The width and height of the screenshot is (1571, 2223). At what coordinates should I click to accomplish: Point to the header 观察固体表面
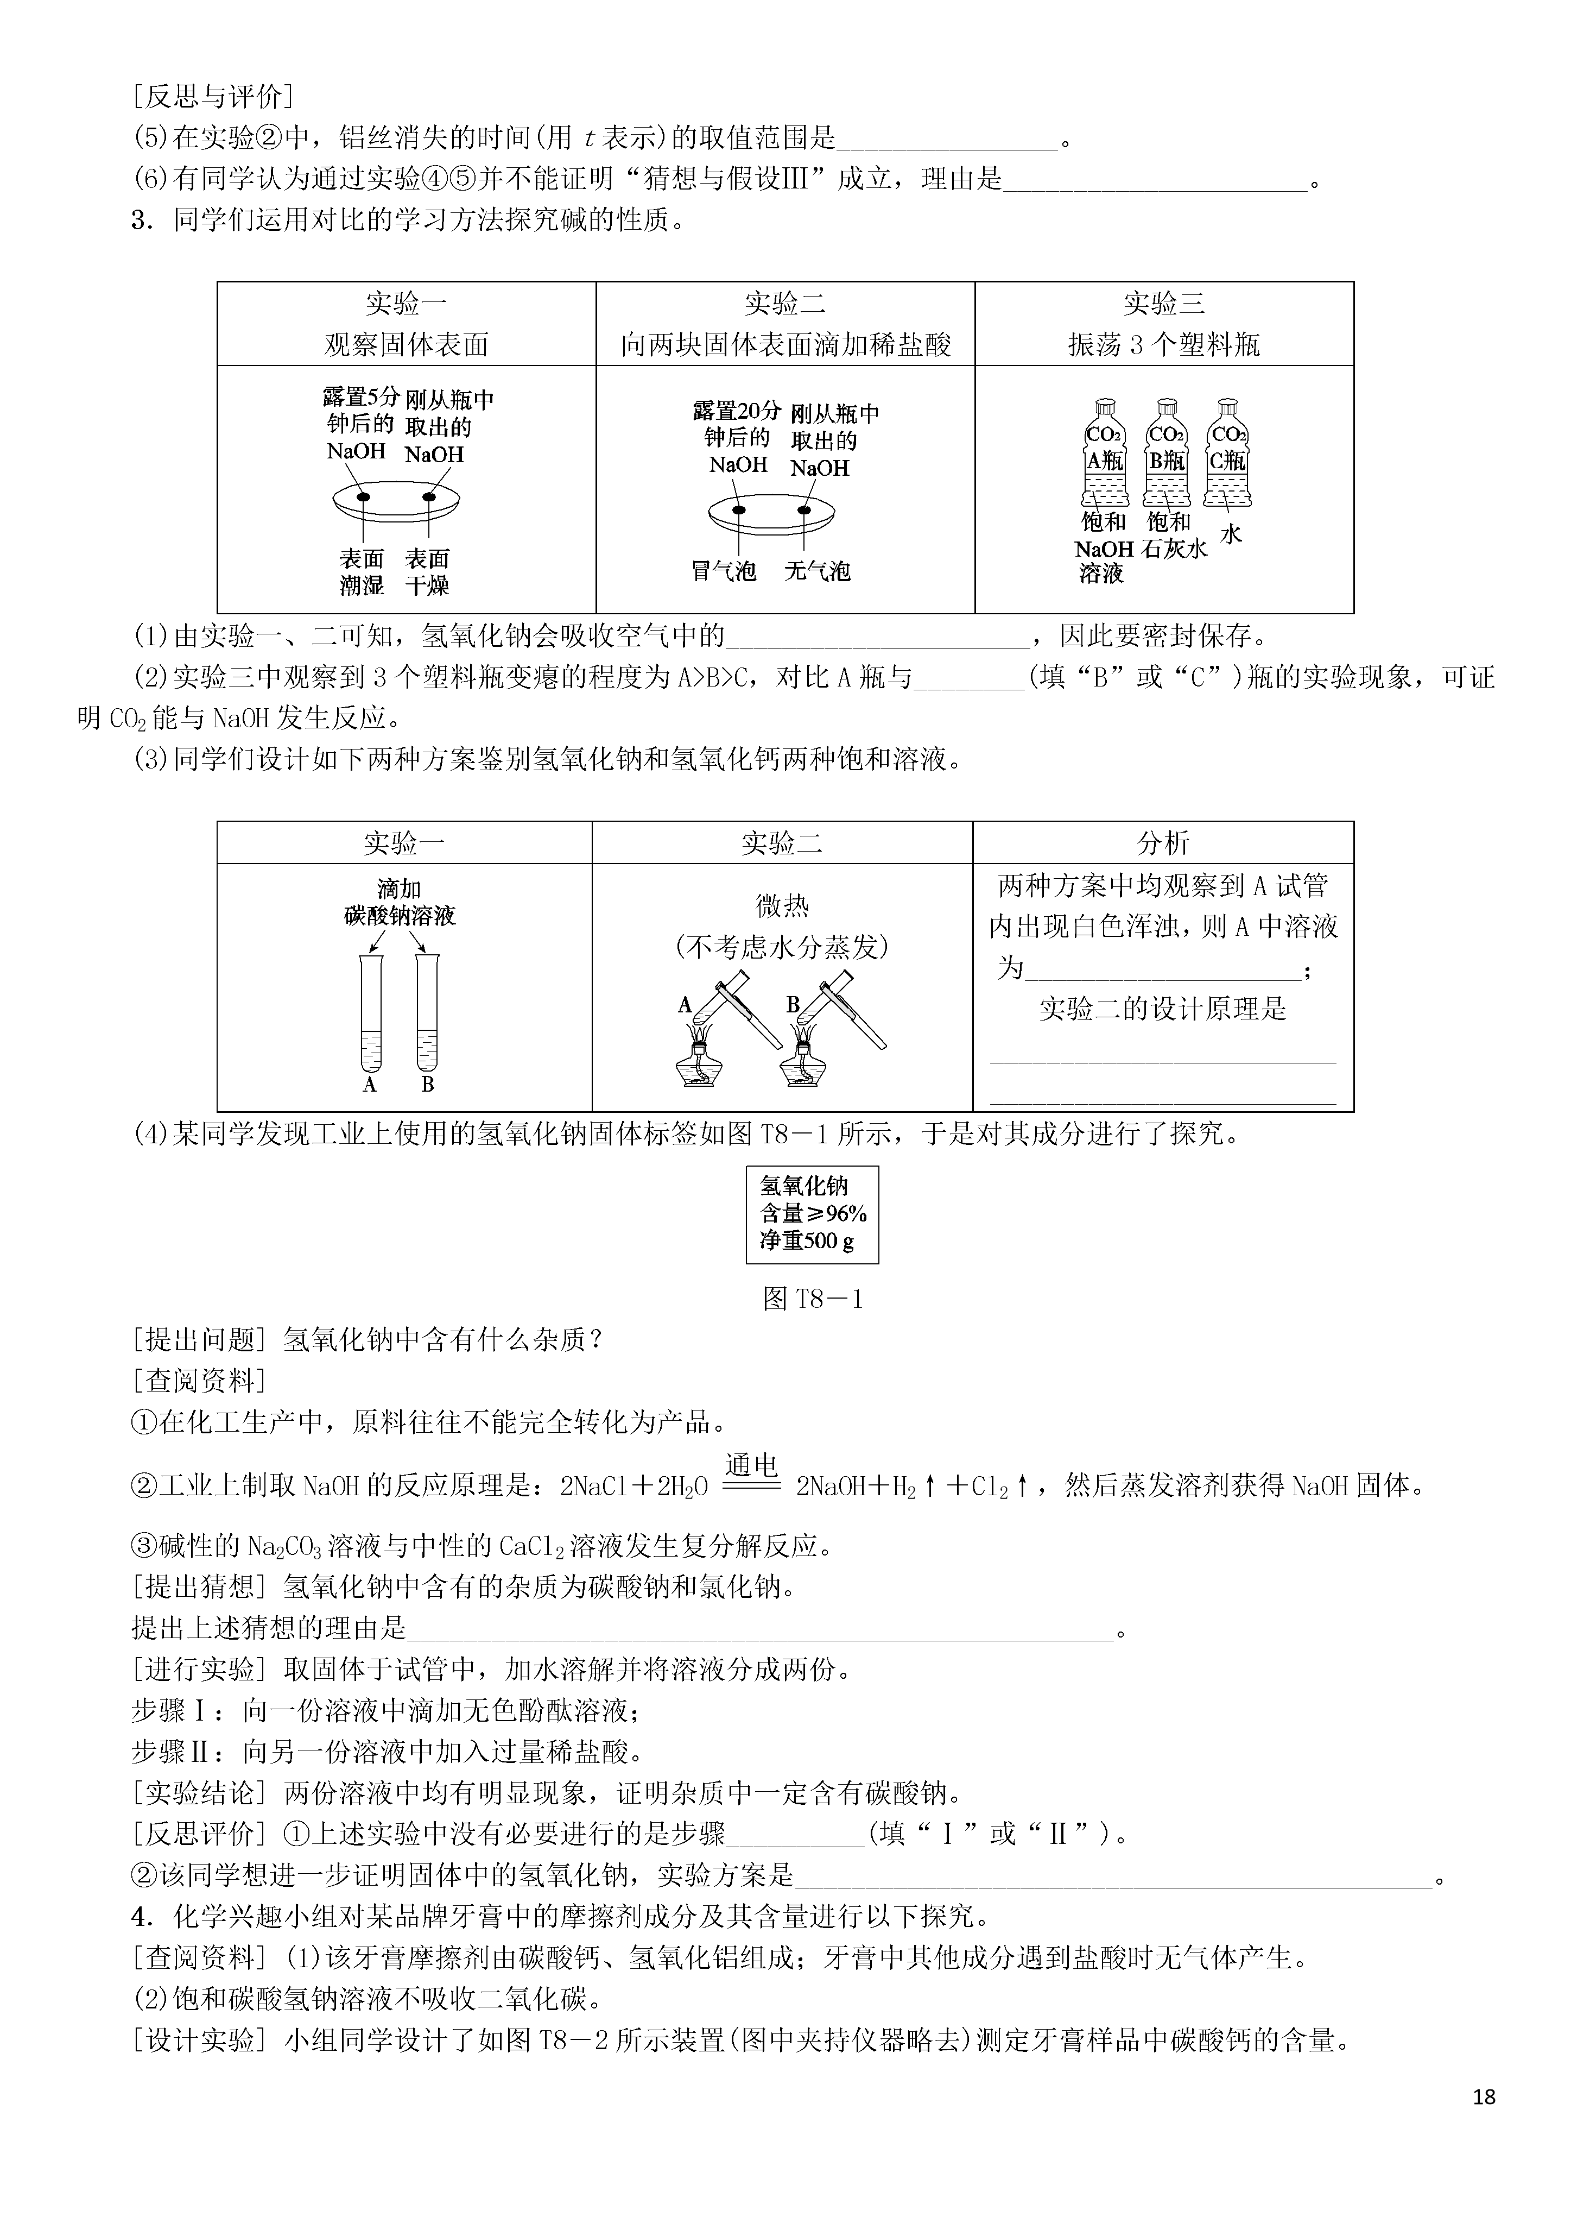[x=407, y=345]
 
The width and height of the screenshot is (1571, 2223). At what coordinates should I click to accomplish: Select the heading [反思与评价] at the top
[x=212, y=96]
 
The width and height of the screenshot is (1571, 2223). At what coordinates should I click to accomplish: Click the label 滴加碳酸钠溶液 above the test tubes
[x=399, y=902]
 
